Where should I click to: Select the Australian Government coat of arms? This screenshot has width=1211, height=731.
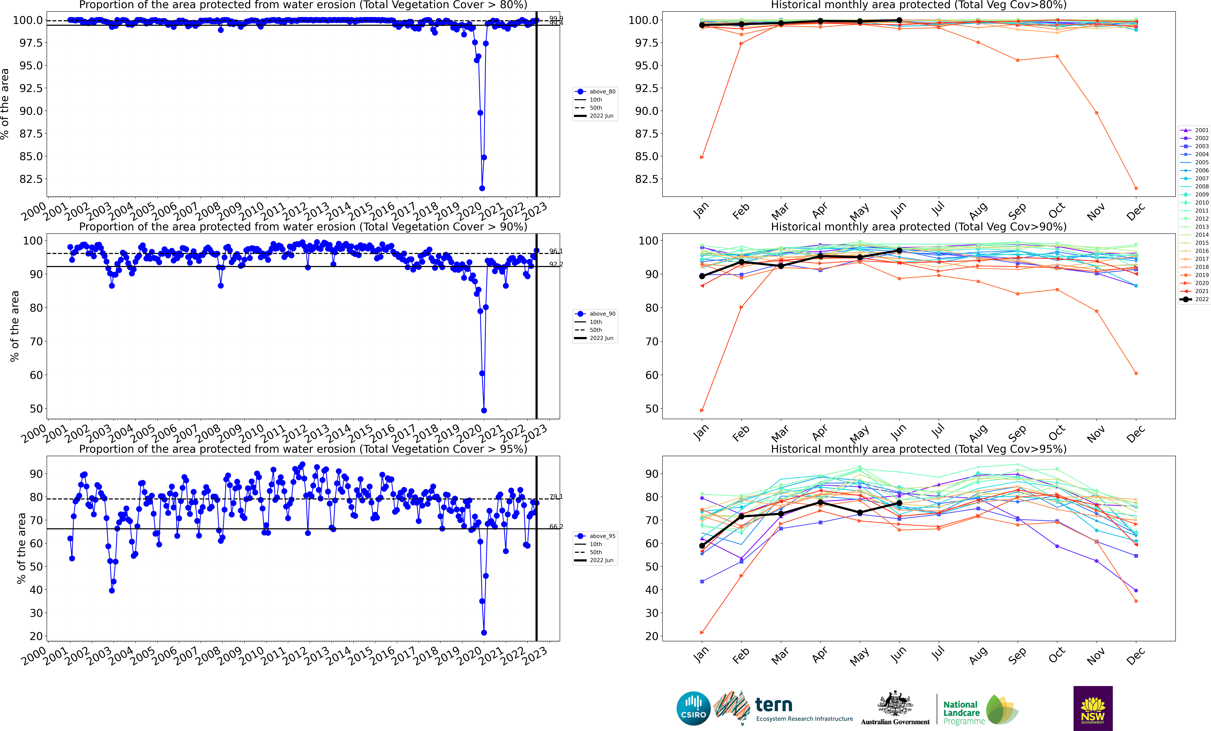pos(895,703)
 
